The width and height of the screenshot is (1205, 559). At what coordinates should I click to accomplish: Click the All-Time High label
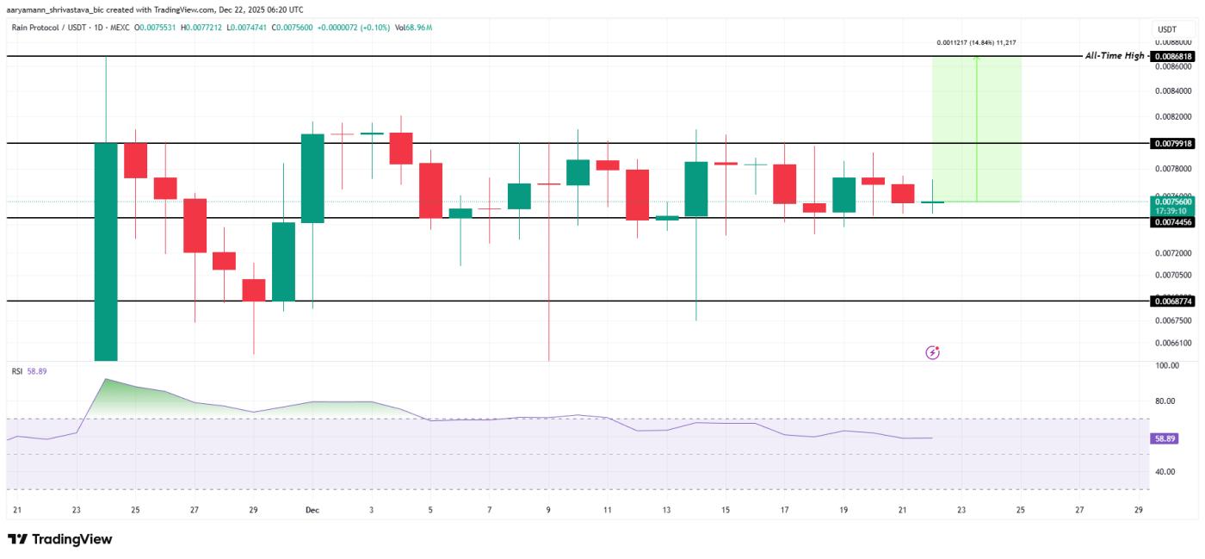(x=1115, y=56)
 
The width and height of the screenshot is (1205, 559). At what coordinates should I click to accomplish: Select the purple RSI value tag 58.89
(x=1165, y=438)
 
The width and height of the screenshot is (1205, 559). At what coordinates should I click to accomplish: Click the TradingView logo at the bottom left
(x=60, y=539)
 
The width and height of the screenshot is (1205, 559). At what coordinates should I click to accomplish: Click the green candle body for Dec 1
(x=312, y=178)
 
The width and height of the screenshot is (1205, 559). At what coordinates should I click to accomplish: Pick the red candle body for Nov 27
(x=195, y=225)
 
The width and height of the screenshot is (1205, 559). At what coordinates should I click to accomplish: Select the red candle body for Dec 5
(x=430, y=190)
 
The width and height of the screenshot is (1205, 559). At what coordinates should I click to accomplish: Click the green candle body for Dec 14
(x=695, y=189)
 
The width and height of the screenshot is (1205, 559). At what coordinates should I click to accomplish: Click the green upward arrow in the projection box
(x=976, y=129)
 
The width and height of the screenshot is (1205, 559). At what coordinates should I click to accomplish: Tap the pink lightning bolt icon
(x=932, y=352)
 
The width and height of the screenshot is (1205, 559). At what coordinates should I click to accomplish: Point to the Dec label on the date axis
(x=312, y=510)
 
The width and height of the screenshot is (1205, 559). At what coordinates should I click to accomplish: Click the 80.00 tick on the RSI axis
(x=1166, y=401)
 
